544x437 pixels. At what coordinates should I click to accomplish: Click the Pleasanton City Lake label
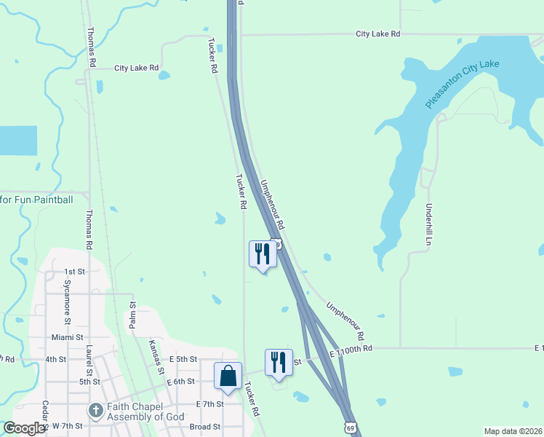point(463,84)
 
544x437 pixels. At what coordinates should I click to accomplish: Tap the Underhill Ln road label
point(430,223)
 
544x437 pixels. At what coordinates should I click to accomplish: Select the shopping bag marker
point(228,377)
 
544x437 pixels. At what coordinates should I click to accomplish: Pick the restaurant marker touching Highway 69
point(263,255)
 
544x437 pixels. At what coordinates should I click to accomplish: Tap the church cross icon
point(95,412)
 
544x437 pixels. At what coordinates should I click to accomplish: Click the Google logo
point(24,428)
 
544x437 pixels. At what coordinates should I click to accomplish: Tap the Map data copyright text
point(512,431)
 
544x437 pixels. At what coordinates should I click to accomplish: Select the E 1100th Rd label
point(351,349)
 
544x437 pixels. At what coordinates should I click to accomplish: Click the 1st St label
point(75,271)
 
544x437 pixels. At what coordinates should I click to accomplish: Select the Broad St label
point(204,427)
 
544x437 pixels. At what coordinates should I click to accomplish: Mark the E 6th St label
point(180,381)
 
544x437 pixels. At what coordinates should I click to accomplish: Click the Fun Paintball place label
point(36,199)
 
